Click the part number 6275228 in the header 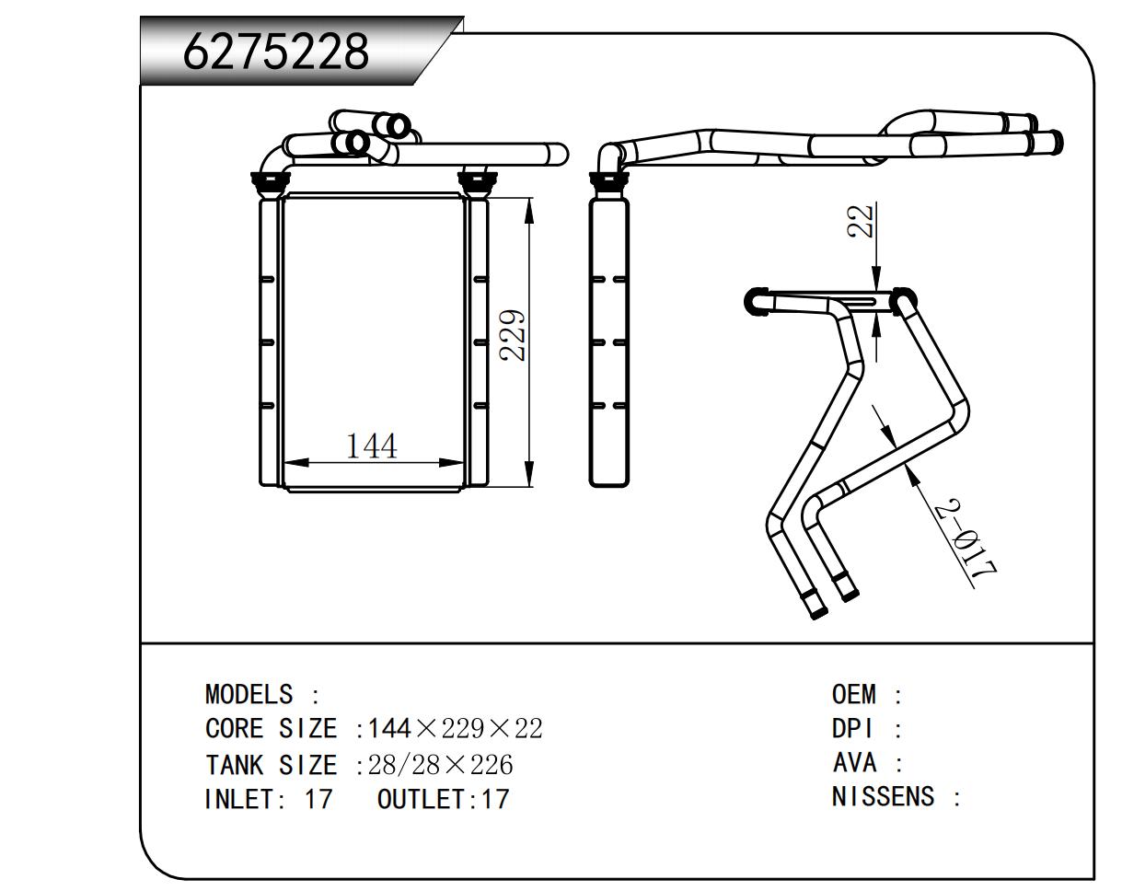click(275, 52)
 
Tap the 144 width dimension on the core click(372, 446)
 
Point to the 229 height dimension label click(515, 335)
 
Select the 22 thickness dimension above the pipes click(862, 221)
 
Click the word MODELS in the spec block click(249, 694)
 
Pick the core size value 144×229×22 click(455, 729)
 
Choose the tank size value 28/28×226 click(440, 765)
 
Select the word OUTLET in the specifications click(422, 799)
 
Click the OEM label click(853, 694)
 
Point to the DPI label click(851, 729)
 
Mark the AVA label click(854, 763)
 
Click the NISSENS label click(883, 797)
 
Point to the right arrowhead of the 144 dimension click(455, 462)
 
